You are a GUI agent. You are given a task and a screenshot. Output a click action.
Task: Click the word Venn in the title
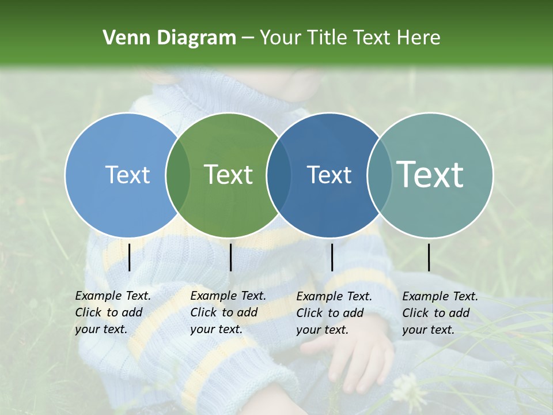click(x=122, y=38)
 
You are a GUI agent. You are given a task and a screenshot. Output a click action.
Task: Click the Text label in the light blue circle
click(x=128, y=175)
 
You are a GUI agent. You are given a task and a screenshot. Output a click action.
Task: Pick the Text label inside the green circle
click(x=229, y=175)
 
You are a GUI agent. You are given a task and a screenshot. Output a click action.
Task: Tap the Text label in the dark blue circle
click(x=329, y=175)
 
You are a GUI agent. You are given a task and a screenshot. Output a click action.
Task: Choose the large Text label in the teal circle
click(x=430, y=175)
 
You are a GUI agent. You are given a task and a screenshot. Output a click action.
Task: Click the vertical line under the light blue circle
click(x=129, y=257)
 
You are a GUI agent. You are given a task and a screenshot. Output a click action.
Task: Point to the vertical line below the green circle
click(x=230, y=257)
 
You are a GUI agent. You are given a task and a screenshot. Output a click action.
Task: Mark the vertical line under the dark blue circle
click(x=332, y=257)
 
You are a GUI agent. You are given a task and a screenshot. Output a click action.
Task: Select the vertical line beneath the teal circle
click(x=429, y=257)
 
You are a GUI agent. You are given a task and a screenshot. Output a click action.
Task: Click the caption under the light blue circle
click(x=112, y=312)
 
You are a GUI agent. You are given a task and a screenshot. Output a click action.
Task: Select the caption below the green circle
click(x=228, y=312)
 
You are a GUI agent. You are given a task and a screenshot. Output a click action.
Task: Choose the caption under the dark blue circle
click(x=334, y=313)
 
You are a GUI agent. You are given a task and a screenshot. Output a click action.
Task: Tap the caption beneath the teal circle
click(x=440, y=313)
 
